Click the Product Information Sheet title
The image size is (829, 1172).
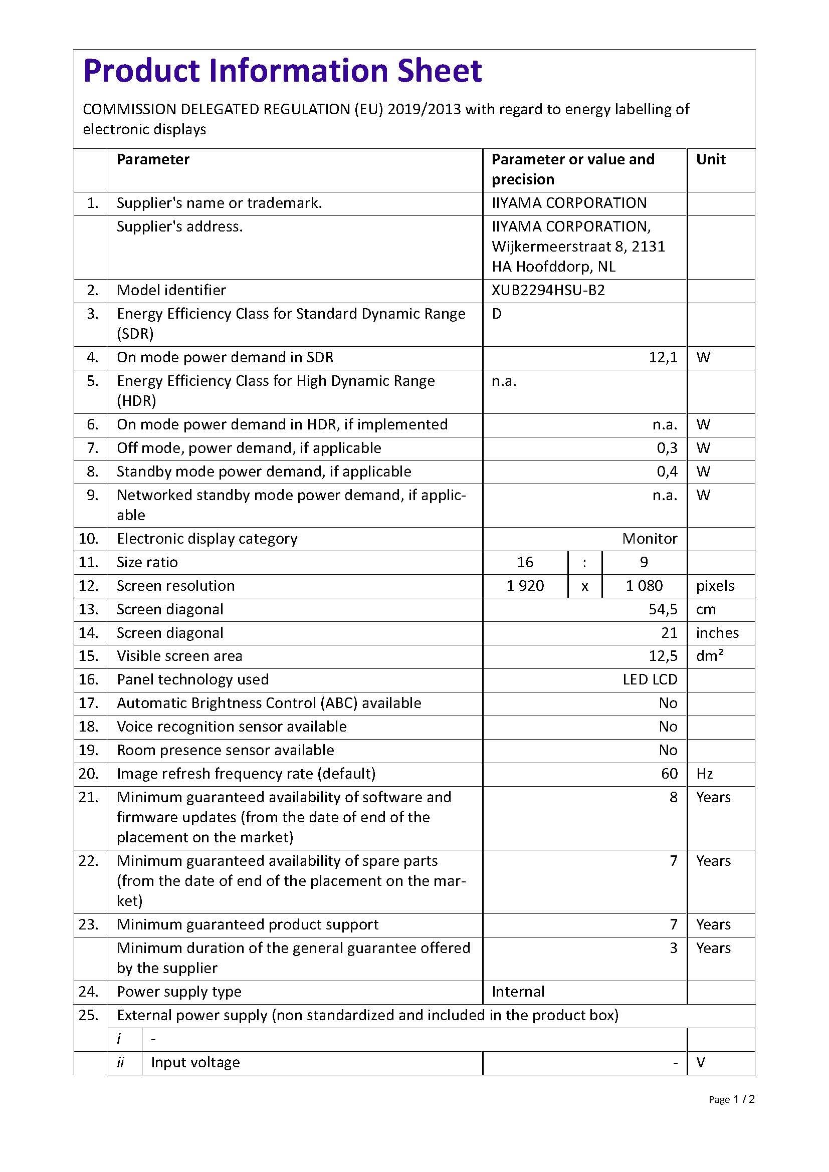pos(282,71)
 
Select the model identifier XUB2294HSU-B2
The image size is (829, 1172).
pos(548,291)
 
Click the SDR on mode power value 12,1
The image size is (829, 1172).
pos(663,357)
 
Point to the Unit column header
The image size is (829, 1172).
pos(711,159)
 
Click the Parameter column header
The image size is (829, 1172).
pos(153,159)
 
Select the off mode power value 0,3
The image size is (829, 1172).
pos(667,448)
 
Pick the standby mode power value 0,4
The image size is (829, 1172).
pos(667,472)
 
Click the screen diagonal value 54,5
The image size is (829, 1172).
pos(663,609)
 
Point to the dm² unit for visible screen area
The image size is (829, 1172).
pos(710,656)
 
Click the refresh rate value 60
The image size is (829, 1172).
pos(669,773)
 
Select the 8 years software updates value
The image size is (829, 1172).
pos(673,797)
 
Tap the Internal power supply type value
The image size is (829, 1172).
pos(518,991)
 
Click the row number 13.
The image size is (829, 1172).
pos(88,609)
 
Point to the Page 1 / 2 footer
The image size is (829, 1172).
pos(731,1099)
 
